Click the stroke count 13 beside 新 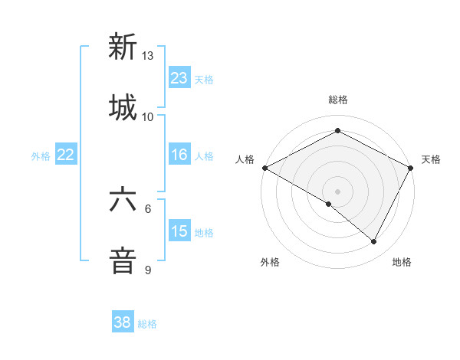[x=147, y=56]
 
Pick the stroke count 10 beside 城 [x=147, y=117]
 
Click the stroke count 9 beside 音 [x=148, y=270]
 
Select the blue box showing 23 [x=179, y=78]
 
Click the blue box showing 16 [x=179, y=155]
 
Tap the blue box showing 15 [x=179, y=231]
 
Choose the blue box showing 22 [x=65, y=155]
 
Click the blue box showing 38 [x=122, y=322]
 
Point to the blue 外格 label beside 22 [x=41, y=155]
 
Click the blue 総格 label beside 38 [x=147, y=324]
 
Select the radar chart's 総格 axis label [x=337, y=100]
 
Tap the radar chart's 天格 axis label [x=431, y=159]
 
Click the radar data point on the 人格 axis [x=264, y=167]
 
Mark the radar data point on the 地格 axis [x=374, y=242]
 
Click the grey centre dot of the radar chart [x=337, y=191]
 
